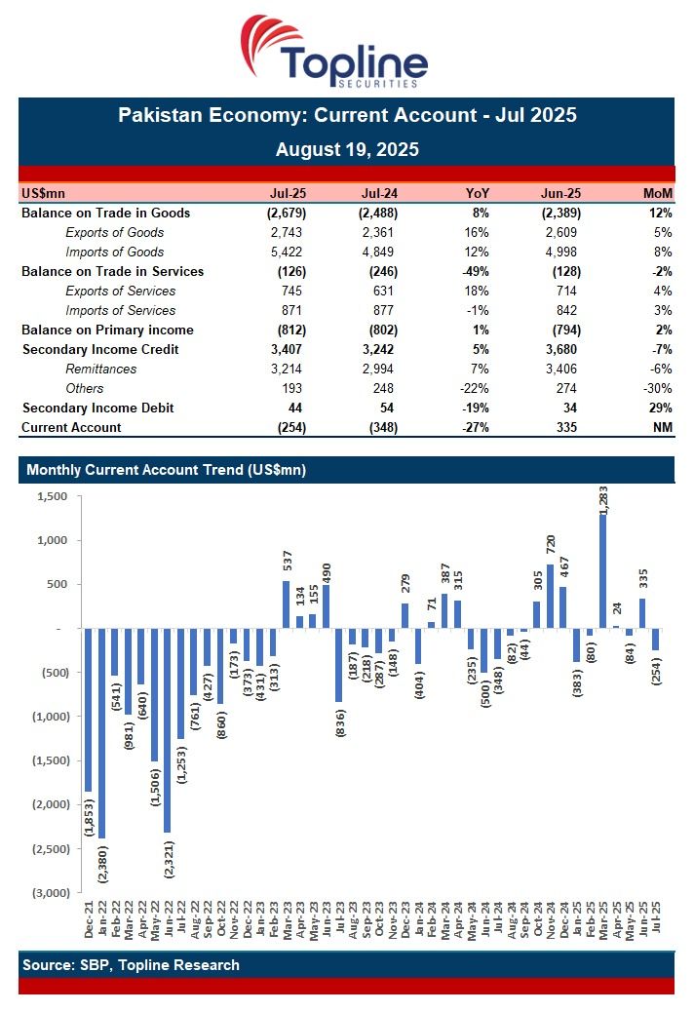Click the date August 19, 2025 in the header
(x=346, y=149)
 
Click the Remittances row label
(x=100, y=369)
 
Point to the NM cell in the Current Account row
(x=663, y=427)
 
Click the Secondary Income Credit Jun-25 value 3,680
(x=562, y=349)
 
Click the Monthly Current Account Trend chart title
(x=166, y=470)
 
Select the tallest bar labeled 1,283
(x=602, y=571)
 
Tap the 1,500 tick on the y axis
(x=52, y=496)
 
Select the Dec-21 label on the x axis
(x=90, y=921)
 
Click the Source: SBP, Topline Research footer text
(x=131, y=965)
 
